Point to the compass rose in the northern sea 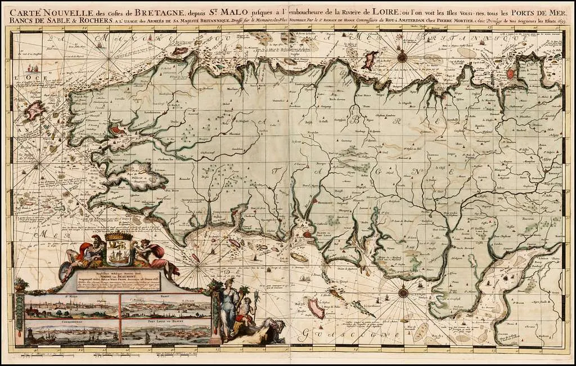click(x=402, y=56)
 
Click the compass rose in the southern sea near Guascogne click(x=403, y=292)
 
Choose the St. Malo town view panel click(x=72, y=306)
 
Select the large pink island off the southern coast click(x=316, y=309)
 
